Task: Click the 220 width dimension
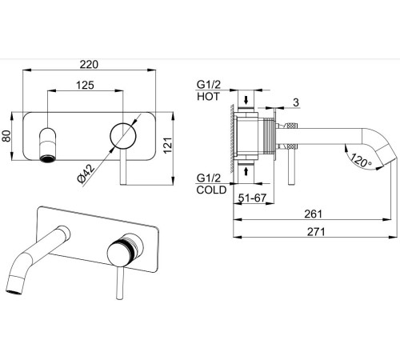[89, 64]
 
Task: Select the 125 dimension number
[85, 85]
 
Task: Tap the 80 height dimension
[6, 136]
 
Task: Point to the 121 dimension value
[168, 145]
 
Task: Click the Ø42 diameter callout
[86, 174]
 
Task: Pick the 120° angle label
[360, 160]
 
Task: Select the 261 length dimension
[314, 214]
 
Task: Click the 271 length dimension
[316, 232]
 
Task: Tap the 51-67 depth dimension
[252, 198]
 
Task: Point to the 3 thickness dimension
[296, 102]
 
